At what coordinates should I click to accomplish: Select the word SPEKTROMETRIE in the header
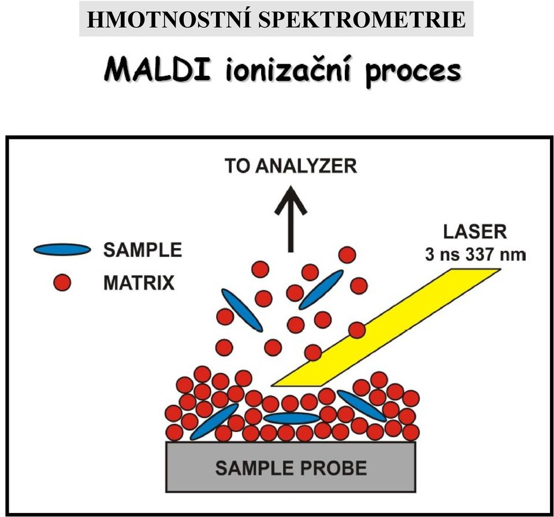tap(362, 20)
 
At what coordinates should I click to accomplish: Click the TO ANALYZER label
tap(291, 166)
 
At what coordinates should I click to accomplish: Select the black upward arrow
tap(291, 219)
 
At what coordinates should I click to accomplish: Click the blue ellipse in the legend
tap(62, 250)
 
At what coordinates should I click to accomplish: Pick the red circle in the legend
tap(62, 283)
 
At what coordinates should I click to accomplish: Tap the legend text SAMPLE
tap(142, 250)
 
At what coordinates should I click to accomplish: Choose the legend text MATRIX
tap(139, 283)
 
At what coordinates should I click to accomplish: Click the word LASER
tap(475, 232)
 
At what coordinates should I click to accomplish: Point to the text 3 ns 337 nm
tap(475, 255)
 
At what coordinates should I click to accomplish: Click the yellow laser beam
tap(385, 327)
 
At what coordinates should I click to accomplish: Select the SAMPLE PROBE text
tap(291, 468)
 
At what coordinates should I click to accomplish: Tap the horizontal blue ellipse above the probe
tap(292, 418)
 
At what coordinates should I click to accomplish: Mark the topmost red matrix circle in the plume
tap(347, 255)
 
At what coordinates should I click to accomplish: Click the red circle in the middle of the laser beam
tap(357, 330)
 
